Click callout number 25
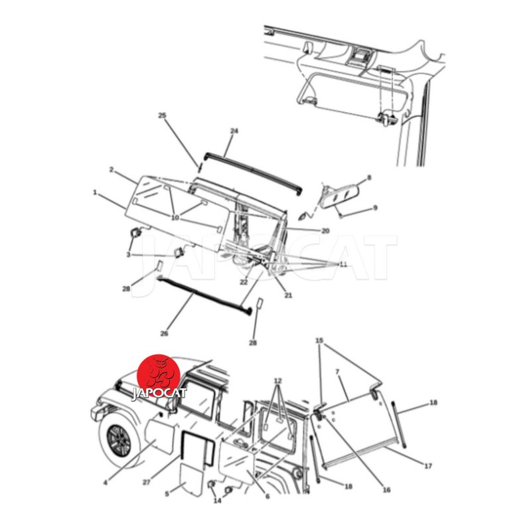[162, 115]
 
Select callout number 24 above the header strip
[234, 131]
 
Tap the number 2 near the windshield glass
[111, 169]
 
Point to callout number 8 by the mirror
[369, 177]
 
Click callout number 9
[375, 208]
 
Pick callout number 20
[325, 230]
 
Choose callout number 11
[343, 264]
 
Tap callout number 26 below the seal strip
[164, 334]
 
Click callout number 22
[244, 281]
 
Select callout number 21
[288, 295]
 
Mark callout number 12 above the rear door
[277, 381]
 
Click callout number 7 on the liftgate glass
[337, 372]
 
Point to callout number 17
[428, 466]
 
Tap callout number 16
[386, 490]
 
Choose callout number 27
[146, 483]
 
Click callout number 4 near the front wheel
[106, 483]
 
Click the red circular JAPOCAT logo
[159, 378]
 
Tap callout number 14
[218, 500]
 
